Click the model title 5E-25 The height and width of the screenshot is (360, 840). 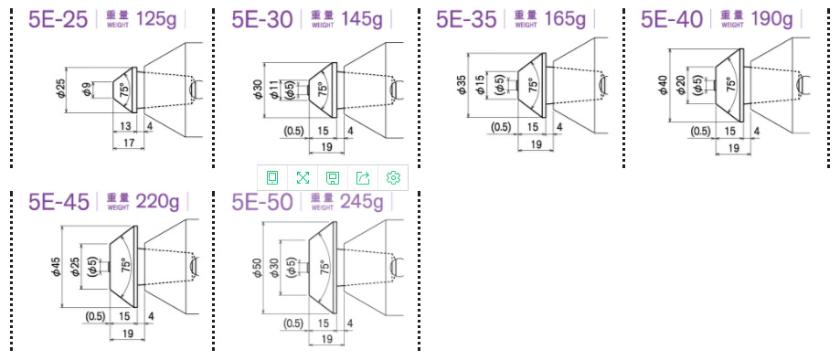click(58, 19)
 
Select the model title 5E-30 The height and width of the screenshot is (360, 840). click(262, 19)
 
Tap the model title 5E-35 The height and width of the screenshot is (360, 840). click(466, 19)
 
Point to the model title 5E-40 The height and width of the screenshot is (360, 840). click(672, 19)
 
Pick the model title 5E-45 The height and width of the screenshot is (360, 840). click(58, 202)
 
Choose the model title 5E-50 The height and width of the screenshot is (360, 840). click(262, 202)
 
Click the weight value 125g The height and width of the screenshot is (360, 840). click(157, 19)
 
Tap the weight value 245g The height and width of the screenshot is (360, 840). click(362, 202)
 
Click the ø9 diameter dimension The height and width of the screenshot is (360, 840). click(87, 90)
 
